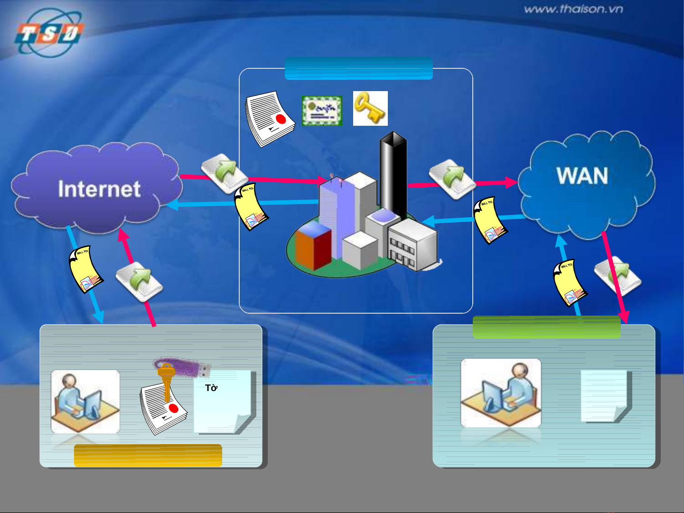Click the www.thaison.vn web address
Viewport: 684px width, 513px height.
573,9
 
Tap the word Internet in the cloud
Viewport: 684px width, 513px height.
99,189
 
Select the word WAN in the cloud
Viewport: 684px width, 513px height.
582,176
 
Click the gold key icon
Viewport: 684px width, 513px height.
370,108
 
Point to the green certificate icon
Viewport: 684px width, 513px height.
322,111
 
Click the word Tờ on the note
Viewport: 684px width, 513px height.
211,388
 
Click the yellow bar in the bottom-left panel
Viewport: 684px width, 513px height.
148,456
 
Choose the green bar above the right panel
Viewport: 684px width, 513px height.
546,327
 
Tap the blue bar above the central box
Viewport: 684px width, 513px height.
358,68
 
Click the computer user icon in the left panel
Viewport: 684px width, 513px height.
85,401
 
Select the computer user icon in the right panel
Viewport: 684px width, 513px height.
501,393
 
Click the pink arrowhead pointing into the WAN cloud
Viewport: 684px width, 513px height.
512,182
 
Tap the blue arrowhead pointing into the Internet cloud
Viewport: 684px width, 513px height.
171,205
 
